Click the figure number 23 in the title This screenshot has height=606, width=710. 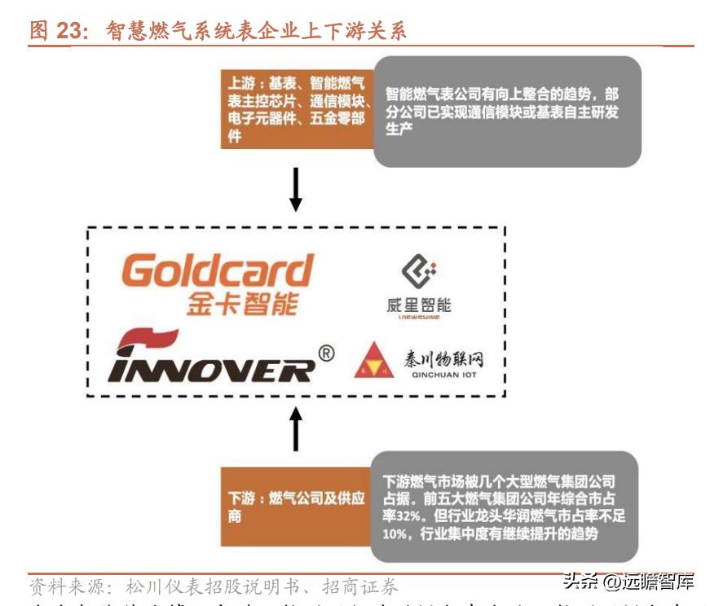pyautogui.click(x=71, y=31)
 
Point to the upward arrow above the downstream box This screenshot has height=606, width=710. pyautogui.click(x=297, y=429)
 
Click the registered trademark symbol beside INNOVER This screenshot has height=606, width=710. pyautogui.click(x=325, y=353)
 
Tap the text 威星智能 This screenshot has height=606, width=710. pyautogui.click(x=418, y=305)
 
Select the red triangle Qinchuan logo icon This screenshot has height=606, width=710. pyautogui.click(x=374, y=361)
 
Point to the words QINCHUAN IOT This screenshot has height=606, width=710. pyautogui.click(x=441, y=375)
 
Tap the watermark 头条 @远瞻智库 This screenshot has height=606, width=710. pyautogui.click(x=628, y=582)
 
